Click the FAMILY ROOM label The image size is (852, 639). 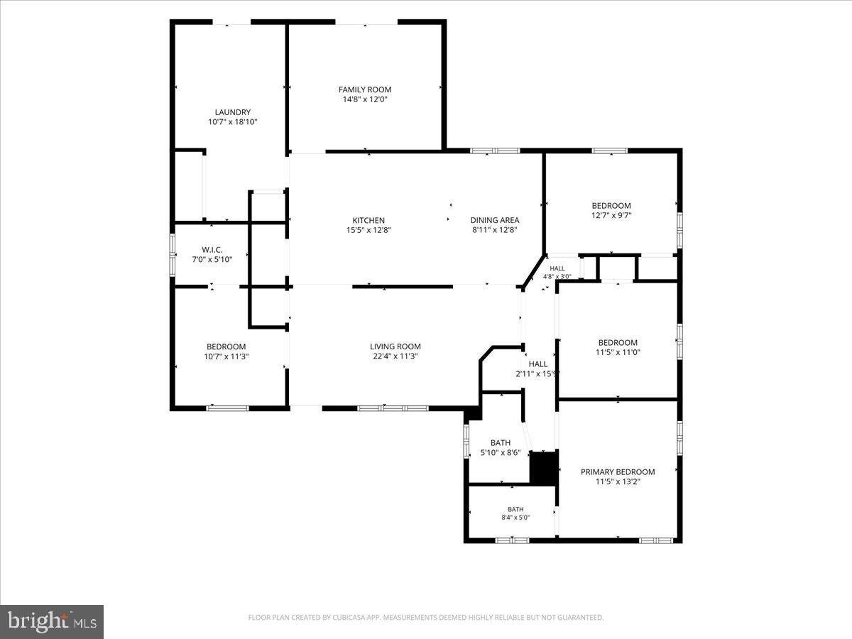click(x=365, y=89)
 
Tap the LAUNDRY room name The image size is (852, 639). click(x=232, y=112)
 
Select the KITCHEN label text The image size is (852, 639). click(x=368, y=220)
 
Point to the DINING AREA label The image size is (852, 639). click(x=494, y=220)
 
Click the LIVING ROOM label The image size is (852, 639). click(x=395, y=346)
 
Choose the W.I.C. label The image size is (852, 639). click(x=212, y=250)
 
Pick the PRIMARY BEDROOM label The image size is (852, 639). click(x=618, y=471)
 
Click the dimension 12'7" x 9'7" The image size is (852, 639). click(x=611, y=215)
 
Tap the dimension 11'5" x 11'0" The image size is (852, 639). click(x=618, y=352)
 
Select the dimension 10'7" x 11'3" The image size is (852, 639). click(x=226, y=356)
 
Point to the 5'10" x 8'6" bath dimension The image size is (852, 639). click(x=501, y=452)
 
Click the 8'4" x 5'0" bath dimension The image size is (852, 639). click(x=515, y=517)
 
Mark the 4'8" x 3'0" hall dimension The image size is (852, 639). click(x=557, y=277)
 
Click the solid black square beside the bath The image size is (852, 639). click(x=544, y=468)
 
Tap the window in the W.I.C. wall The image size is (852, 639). click(x=173, y=254)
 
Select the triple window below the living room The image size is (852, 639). click(x=393, y=408)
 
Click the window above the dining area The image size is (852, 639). click(x=494, y=151)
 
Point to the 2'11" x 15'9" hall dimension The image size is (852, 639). click(x=537, y=373)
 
